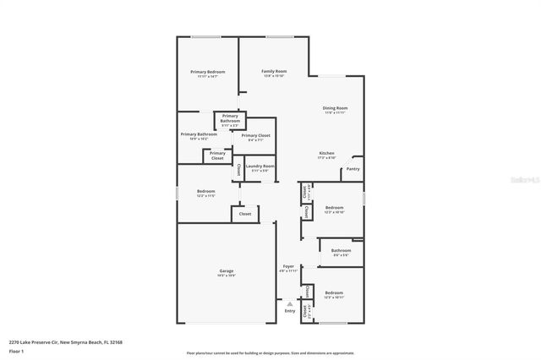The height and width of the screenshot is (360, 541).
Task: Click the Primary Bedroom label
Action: (x=207, y=72)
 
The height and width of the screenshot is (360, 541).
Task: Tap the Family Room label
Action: (x=274, y=72)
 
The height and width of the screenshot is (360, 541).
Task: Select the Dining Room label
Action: (x=335, y=108)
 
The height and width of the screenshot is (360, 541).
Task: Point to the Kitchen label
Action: (x=326, y=153)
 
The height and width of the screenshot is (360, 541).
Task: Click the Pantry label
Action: (x=352, y=169)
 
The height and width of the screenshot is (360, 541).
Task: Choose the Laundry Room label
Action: (x=262, y=166)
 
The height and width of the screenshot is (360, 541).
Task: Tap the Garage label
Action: (x=227, y=270)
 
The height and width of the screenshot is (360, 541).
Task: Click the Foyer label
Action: (x=288, y=266)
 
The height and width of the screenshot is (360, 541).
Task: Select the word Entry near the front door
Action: (x=290, y=311)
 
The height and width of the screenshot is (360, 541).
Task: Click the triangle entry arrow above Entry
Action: (x=290, y=303)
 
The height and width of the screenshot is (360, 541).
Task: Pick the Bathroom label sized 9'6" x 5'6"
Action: (x=341, y=250)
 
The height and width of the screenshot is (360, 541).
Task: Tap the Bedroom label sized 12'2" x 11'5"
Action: (x=206, y=192)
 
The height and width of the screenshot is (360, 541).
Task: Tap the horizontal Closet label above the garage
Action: (x=244, y=214)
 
